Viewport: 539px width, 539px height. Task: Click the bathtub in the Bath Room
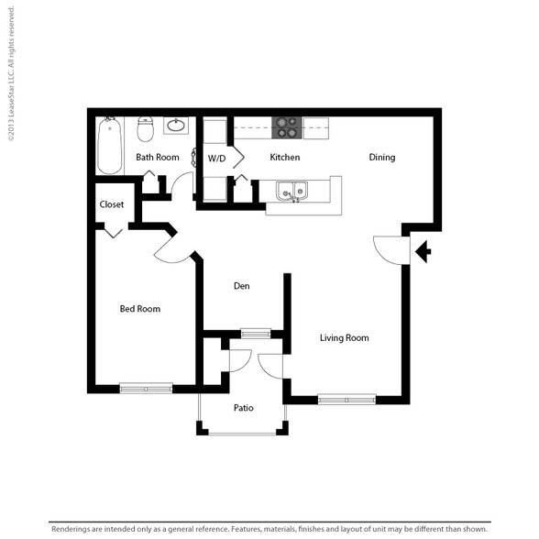point(109,146)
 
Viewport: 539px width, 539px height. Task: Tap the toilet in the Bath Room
point(145,129)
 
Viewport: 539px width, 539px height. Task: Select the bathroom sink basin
point(176,125)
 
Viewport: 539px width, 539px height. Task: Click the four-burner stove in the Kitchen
point(287,127)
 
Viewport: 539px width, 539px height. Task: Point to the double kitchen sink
point(291,192)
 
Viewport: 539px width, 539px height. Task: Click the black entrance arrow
point(423,251)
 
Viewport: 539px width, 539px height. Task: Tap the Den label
point(242,286)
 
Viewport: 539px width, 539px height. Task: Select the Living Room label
point(345,338)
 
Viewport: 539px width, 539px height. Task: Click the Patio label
point(244,408)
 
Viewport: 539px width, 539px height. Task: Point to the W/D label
point(216,159)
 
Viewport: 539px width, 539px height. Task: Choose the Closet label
point(112,204)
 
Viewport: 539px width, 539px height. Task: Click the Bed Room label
point(140,309)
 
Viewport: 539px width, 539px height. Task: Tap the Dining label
point(382,158)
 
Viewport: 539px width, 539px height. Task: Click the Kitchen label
point(284,157)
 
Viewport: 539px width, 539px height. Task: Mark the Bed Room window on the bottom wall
point(146,389)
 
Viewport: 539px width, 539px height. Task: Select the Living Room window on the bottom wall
point(346,400)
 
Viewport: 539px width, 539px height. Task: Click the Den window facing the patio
point(256,334)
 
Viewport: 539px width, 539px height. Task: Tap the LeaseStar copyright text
point(11,73)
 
